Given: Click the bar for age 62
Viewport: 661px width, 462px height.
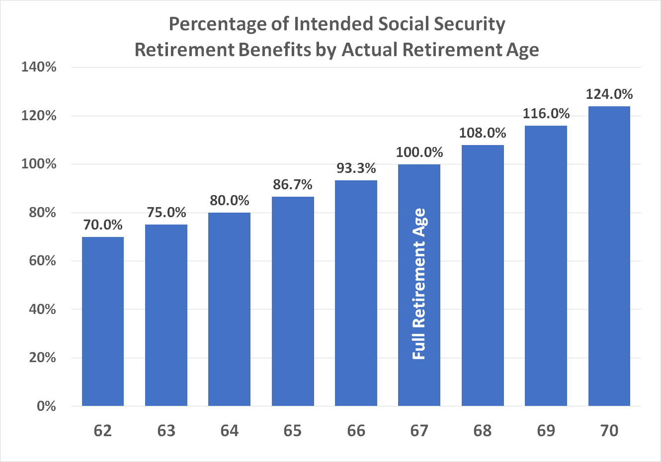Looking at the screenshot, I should coord(103,321).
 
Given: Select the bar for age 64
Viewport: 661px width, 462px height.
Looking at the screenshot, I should coord(229,309).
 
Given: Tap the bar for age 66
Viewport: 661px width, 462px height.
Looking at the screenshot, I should coord(356,293).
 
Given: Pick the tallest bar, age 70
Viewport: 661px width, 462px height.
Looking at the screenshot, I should coord(609,256).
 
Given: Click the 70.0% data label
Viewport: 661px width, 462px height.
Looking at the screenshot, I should coord(103,225).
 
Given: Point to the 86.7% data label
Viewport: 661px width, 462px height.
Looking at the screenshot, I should coord(293,185).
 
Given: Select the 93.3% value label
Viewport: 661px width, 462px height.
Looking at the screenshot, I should coord(356,168).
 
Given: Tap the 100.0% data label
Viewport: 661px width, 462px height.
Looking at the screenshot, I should coord(419,152).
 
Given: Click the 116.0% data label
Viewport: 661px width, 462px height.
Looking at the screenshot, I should coord(546,114).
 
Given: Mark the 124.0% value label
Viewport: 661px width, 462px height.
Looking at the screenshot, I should coord(609,94).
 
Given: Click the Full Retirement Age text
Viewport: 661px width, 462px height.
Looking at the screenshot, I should coord(419,283).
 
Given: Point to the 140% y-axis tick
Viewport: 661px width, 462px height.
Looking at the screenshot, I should coord(39,67).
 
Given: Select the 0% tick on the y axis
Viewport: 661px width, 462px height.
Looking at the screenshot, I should coord(46,406).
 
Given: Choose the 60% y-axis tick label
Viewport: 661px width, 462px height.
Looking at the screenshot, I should coord(42,261).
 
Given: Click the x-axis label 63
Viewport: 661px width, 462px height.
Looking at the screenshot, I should coord(166,430).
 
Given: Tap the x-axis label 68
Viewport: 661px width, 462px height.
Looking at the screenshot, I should coord(483,430).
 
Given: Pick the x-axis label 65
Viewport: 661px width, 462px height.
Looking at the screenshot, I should coord(293,430).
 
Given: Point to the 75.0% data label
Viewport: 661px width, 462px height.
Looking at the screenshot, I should coord(166,213).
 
